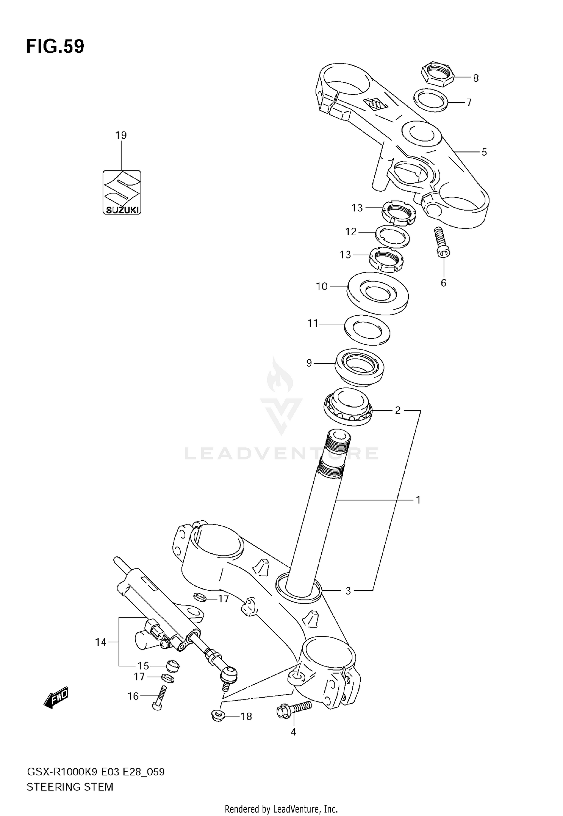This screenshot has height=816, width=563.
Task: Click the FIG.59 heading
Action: click(55, 47)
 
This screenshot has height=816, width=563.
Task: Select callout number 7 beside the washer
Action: click(469, 103)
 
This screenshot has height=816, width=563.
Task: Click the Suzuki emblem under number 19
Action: click(122, 192)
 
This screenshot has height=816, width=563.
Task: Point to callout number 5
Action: click(484, 152)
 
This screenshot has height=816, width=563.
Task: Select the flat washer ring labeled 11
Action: click(367, 330)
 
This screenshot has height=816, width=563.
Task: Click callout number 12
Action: click(351, 232)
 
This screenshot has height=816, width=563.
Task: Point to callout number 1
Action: click(418, 500)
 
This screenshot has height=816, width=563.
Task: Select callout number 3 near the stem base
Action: click(348, 591)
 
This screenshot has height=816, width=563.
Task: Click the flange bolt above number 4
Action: click(294, 709)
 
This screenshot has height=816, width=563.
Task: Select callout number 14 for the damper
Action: click(100, 642)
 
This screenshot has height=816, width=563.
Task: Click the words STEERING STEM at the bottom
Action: click(70, 787)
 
